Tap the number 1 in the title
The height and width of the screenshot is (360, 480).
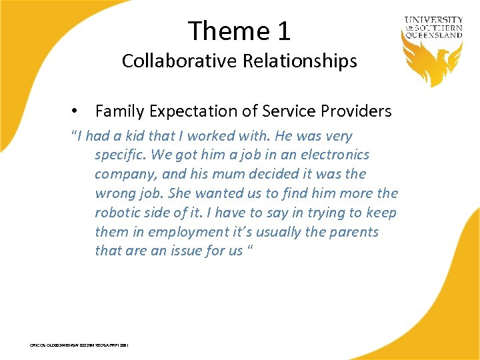[x=281, y=31]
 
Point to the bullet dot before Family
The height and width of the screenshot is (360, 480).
[x=77, y=111]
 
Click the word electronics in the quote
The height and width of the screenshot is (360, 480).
[x=333, y=155]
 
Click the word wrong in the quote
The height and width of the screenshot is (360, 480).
[x=115, y=194]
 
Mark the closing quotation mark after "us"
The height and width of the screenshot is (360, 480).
[x=253, y=249]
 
